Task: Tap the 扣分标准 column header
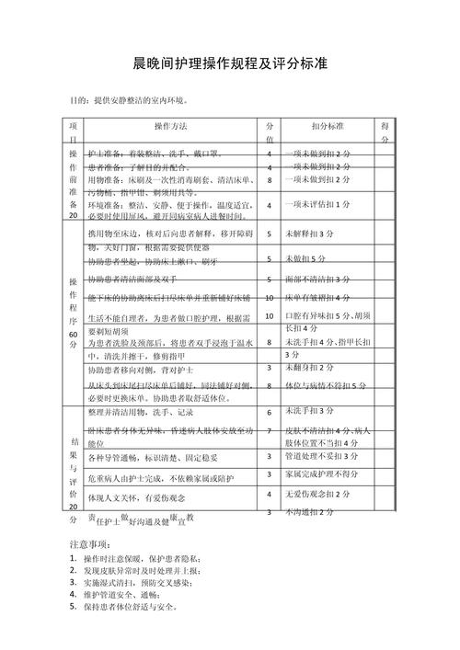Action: click(328, 125)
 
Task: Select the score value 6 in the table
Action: click(269, 413)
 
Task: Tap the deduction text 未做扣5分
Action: click(307, 257)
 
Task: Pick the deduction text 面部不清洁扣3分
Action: click(318, 278)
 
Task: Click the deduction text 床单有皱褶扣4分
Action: click(318, 298)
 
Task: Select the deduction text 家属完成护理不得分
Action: click(322, 474)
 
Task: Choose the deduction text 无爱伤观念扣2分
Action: click(318, 495)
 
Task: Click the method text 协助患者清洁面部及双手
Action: click(134, 279)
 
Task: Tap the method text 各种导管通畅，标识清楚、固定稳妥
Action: click(153, 457)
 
